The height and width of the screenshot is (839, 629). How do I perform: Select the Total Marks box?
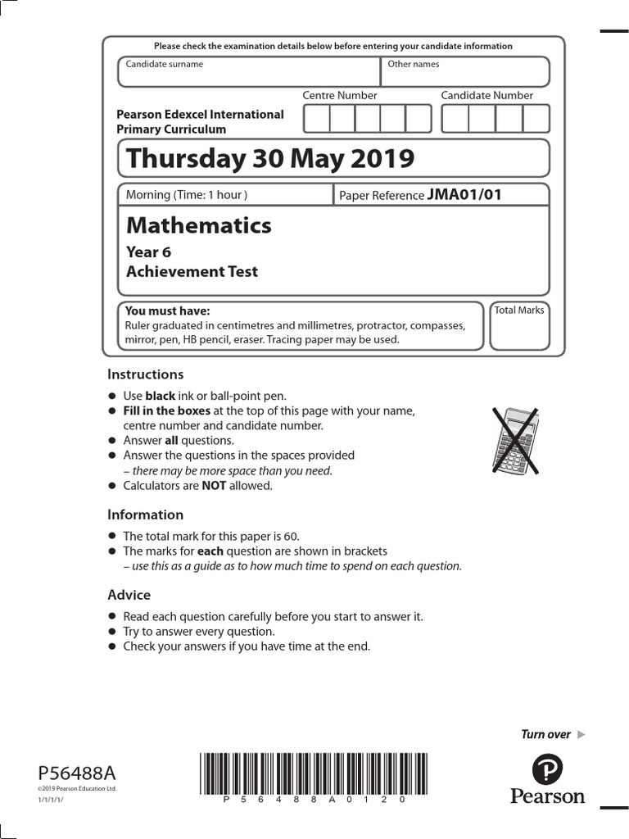point(519,327)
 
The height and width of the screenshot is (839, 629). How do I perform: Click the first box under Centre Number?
point(316,119)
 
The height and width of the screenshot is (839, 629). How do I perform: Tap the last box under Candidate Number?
point(536,119)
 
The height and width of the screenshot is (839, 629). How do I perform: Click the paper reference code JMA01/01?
point(464,194)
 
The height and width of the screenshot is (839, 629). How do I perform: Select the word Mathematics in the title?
point(199,225)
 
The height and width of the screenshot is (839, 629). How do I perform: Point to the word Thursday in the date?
point(174,158)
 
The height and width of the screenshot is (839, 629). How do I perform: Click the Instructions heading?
point(145,374)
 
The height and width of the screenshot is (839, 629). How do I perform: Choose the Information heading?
point(145,515)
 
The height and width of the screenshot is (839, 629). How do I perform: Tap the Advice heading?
point(129,595)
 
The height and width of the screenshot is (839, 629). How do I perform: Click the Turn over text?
point(546,734)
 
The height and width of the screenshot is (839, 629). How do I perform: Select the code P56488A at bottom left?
point(77,773)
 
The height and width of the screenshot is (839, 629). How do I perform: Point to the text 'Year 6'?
point(148,252)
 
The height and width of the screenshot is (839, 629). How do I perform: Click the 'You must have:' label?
point(167,311)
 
